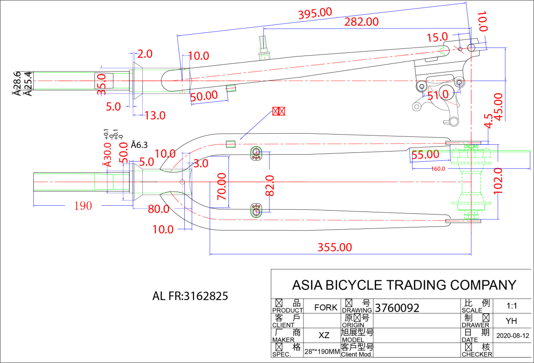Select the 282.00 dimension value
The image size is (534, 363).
click(x=361, y=21)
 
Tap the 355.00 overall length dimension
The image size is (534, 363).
click(x=335, y=247)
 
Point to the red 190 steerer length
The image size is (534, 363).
click(x=83, y=206)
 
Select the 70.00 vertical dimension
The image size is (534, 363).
click(x=222, y=187)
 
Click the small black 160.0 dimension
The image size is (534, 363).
click(x=438, y=169)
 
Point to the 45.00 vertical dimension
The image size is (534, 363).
click(x=499, y=107)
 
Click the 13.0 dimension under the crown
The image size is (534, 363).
click(x=154, y=116)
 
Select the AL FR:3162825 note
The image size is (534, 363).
click(x=190, y=296)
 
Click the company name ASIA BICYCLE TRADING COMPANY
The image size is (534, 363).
click(x=404, y=285)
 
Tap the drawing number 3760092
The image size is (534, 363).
click(x=397, y=308)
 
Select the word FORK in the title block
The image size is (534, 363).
click(x=326, y=307)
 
